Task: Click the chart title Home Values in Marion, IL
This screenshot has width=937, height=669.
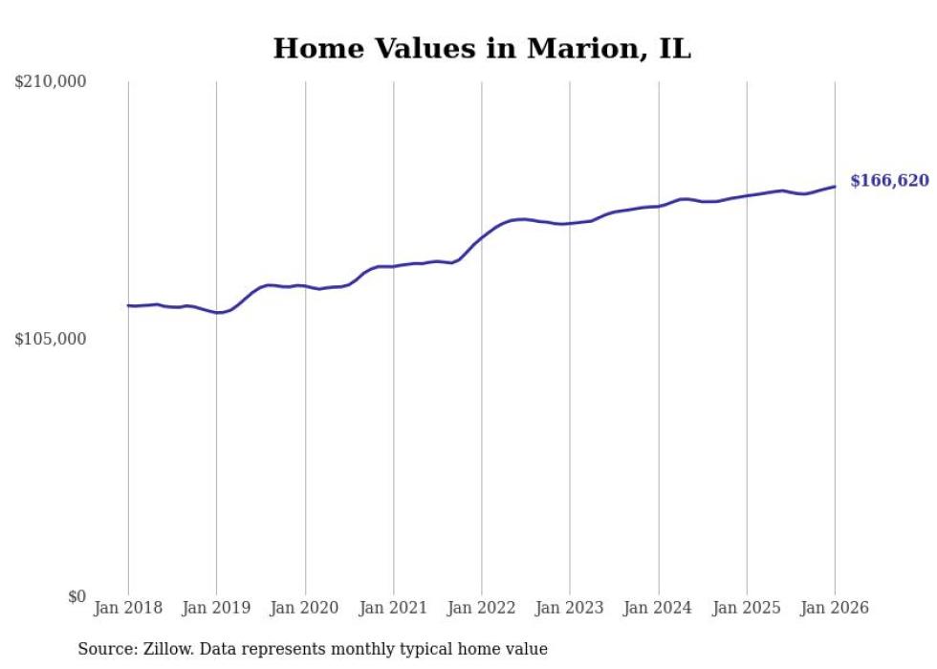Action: click(x=482, y=48)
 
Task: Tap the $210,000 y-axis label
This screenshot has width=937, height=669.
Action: click(x=51, y=82)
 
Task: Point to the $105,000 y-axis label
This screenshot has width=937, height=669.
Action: click(x=51, y=339)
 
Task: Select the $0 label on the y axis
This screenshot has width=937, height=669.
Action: click(x=76, y=596)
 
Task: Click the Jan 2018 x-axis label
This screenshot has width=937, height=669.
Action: click(x=128, y=608)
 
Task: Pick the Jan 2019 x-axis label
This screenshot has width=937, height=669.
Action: click(x=216, y=608)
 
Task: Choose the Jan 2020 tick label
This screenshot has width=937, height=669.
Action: click(x=305, y=608)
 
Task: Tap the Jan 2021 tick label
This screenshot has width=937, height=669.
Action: click(x=393, y=608)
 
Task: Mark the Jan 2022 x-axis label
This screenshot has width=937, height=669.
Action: click(x=482, y=608)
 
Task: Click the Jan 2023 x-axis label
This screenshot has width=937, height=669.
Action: click(x=570, y=608)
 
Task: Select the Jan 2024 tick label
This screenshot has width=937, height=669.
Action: click(x=659, y=608)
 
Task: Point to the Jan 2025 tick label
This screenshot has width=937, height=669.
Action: click(x=747, y=608)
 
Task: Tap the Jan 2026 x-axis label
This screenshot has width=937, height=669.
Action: click(x=835, y=608)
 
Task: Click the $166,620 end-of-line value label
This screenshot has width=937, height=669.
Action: click(x=889, y=180)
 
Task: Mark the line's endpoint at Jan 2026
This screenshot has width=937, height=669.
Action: click(x=835, y=187)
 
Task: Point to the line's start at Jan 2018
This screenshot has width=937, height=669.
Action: click(x=128, y=305)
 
